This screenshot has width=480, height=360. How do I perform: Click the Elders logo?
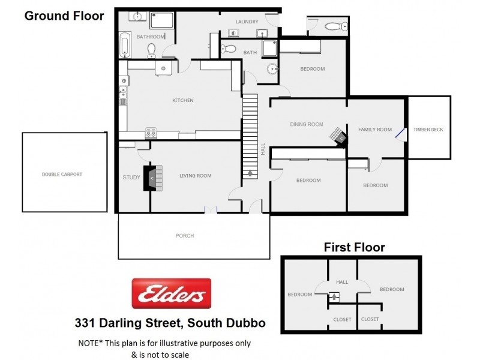pos(172,293)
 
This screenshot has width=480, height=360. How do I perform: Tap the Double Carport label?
pos(62,174)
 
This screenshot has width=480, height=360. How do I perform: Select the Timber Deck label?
pos(428,129)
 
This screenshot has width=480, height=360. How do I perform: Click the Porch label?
pos(185,236)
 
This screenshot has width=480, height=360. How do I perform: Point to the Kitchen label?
pos(183,100)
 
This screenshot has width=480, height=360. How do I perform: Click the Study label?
pos(131,177)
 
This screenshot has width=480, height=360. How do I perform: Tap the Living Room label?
pos(196,175)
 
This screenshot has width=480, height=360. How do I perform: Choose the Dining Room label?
pos(307,124)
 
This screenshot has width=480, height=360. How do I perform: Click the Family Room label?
pos(375,129)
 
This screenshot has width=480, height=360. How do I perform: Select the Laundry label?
pos(247,22)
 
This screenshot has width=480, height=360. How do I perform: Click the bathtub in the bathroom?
pos(125,45)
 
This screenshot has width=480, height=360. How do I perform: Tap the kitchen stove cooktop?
pos(151,133)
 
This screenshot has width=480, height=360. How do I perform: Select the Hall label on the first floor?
pos(342,281)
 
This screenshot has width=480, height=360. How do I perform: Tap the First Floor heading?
pos(354,247)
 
